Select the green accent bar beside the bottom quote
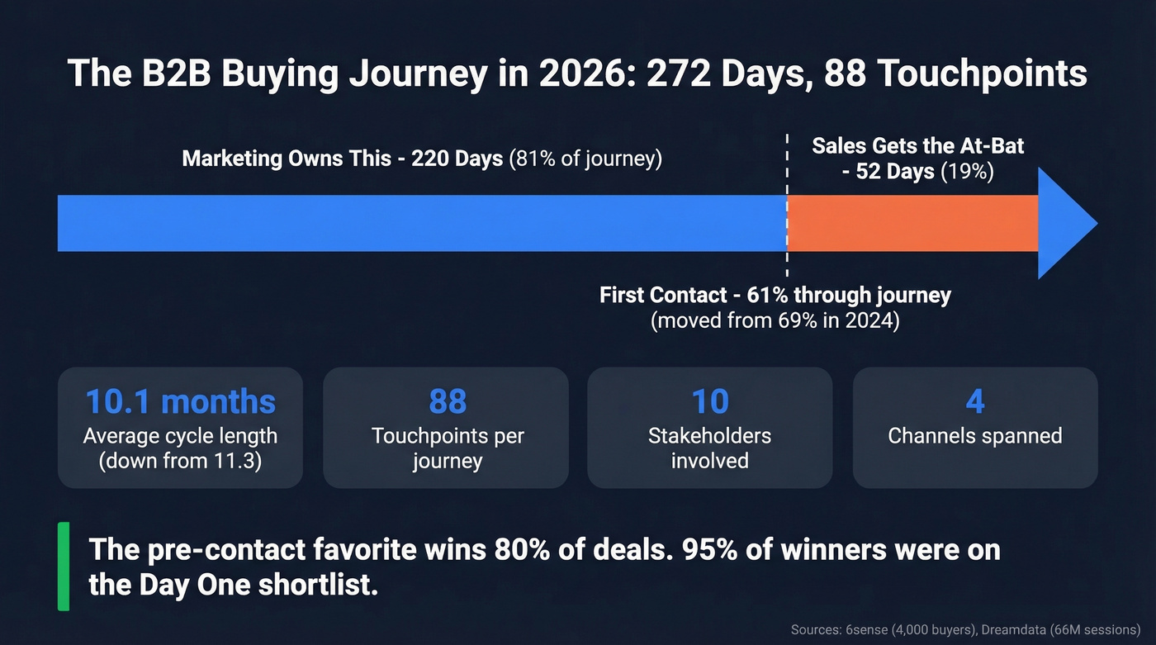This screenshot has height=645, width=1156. coord(64,567)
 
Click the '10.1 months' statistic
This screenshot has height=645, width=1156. coord(180,401)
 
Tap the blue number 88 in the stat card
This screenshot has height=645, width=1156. coord(447,401)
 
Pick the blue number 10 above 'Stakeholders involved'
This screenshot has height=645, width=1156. coord(709,401)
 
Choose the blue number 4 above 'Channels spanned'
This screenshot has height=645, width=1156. coord(974,401)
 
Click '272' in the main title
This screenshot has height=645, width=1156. coord(676,74)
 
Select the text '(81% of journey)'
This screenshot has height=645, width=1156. coord(585,158)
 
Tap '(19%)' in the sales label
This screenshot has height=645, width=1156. coord(968,172)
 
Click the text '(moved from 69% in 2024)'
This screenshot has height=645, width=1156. coord(775,320)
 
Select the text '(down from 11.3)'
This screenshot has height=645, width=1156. coord(180,461)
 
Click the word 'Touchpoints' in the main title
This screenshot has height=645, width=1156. coord(983,74)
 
